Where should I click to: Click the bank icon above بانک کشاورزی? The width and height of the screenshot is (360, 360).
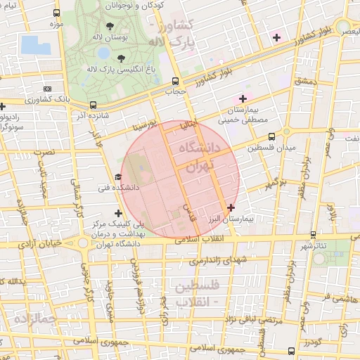pos(47,89)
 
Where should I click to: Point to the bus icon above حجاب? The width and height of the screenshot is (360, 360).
pos(175,81)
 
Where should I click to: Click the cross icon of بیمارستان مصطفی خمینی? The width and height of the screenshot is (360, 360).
pos(243,98)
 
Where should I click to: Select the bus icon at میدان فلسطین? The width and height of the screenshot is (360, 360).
pos(286,131)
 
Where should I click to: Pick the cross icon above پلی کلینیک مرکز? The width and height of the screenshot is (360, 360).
pos(117,212)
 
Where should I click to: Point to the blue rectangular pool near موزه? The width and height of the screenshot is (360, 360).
pos(36,45)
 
